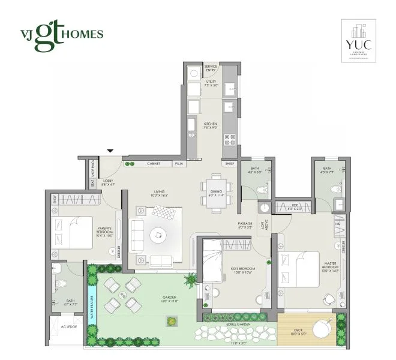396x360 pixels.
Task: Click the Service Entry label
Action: [x=211, y=69]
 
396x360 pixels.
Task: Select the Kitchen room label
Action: [x=211, y=125]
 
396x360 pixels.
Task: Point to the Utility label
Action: [x=211, y=85]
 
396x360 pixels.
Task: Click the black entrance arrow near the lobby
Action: [x=109, y=151]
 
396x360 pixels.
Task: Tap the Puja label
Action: [x=179, y=163]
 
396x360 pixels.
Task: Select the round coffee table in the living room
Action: [x=158, y=235]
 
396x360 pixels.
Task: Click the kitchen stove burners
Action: [x=229, y=140]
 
